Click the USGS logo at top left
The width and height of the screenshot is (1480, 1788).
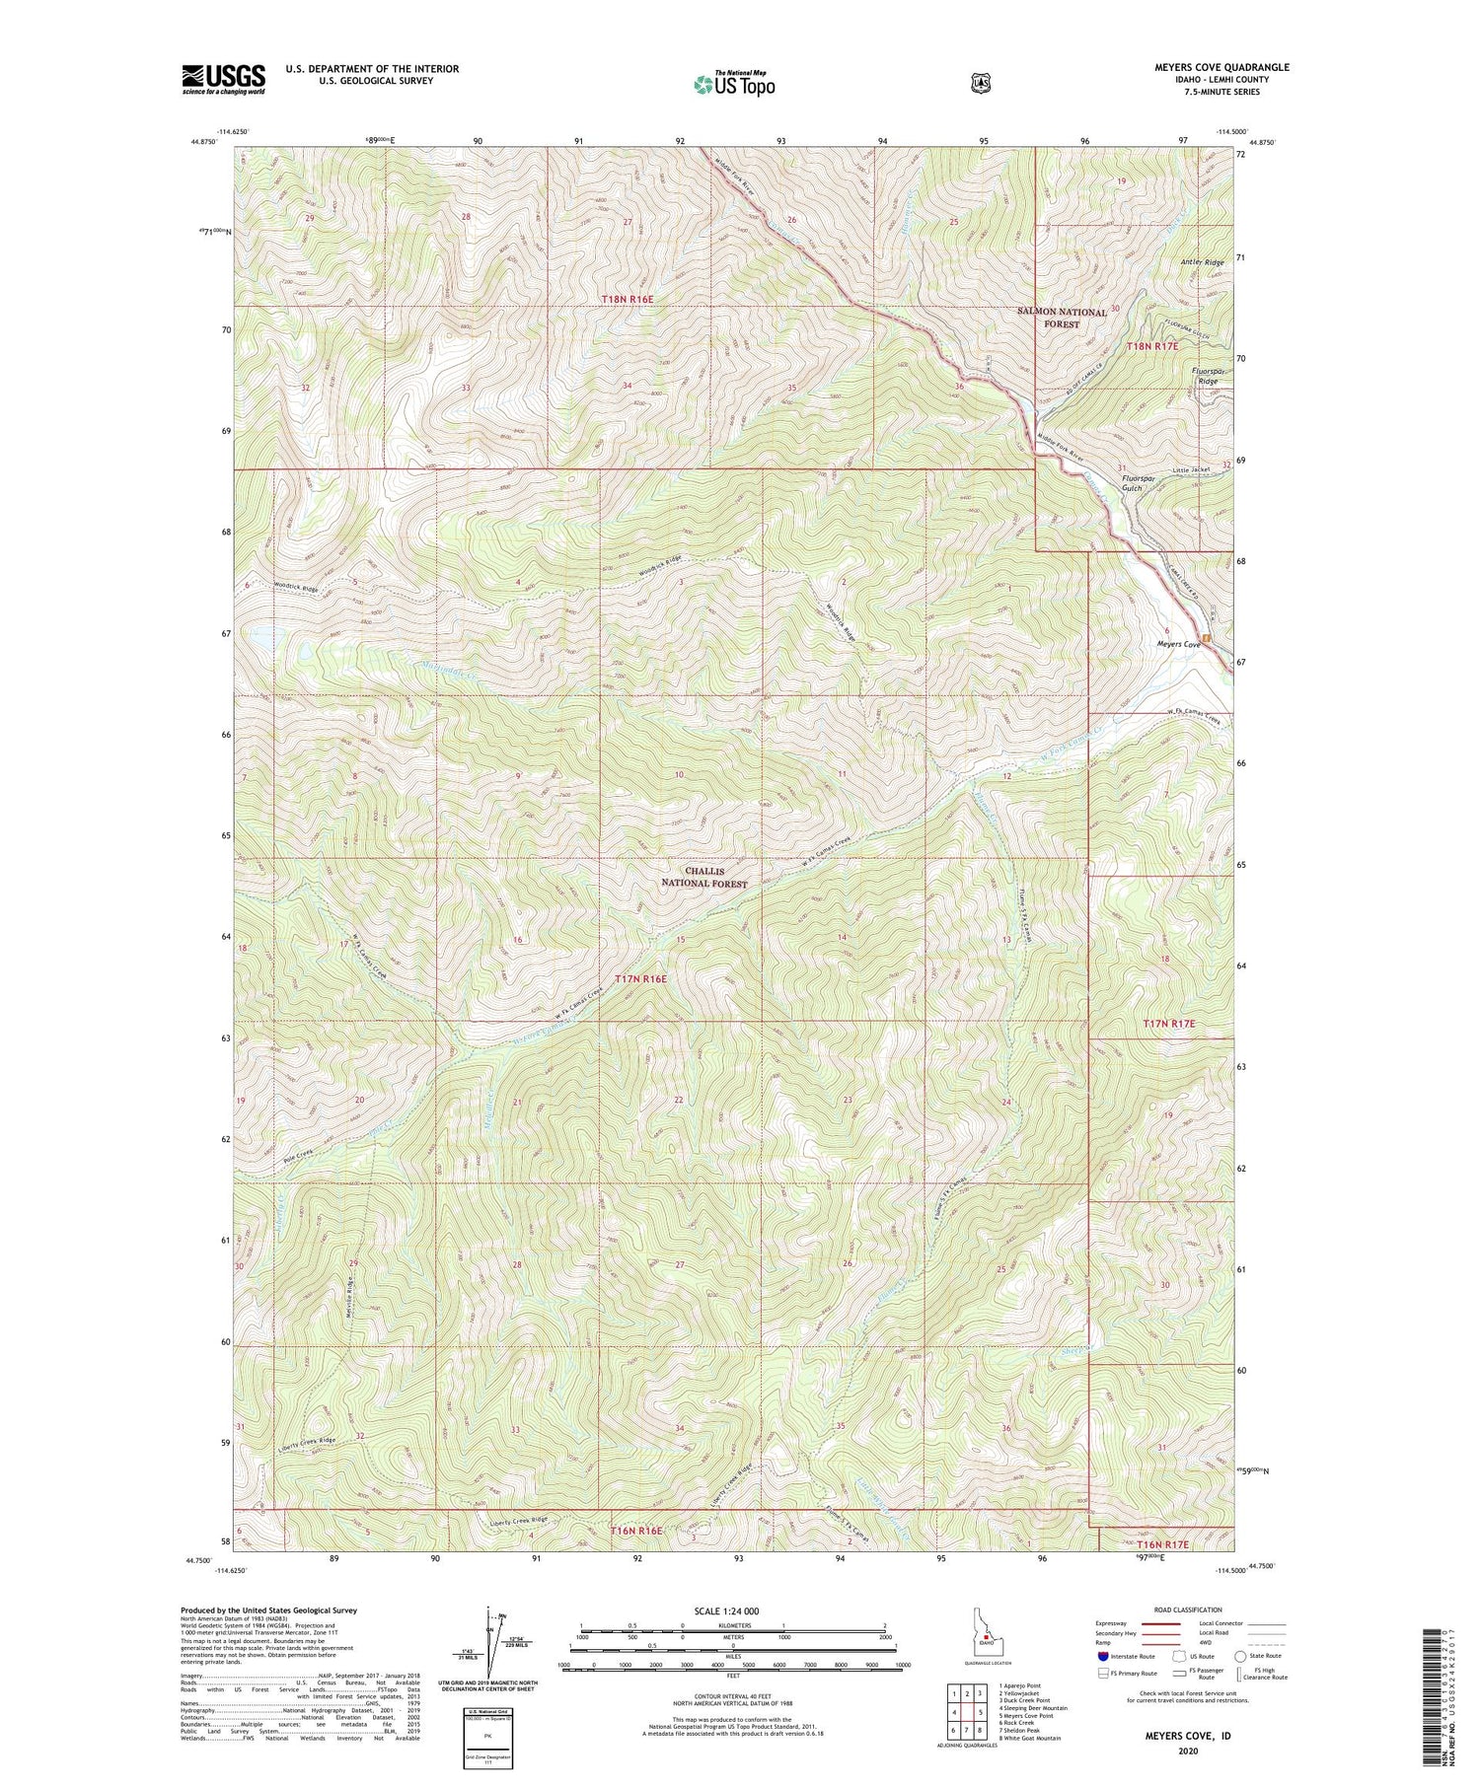point(223,79)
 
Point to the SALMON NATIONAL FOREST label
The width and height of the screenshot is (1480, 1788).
point(1062,318)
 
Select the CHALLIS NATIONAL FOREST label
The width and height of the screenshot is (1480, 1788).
point(703,878)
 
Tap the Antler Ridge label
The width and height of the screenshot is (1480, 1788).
point(1202,262)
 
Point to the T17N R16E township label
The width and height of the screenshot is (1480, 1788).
point(641,979)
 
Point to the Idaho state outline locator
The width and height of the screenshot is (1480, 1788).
point(984,1635)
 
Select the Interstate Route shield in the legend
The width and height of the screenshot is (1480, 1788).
point(1103,1656)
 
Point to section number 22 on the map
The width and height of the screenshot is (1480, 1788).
point(679,1100)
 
